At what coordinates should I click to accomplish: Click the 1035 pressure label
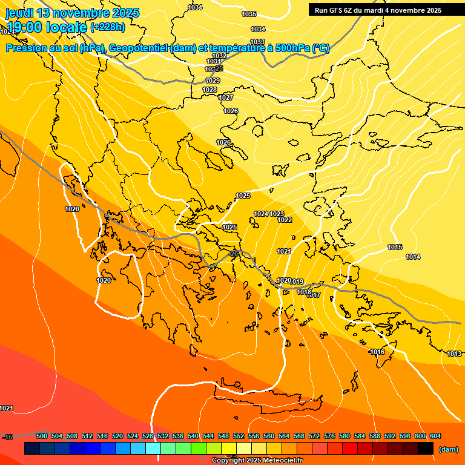(249, 14)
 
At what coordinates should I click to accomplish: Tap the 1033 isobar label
(257, 42)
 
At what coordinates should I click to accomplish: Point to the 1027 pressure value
(226, 97)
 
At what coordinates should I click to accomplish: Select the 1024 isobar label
(262, 214)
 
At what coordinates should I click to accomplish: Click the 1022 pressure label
(285, 220)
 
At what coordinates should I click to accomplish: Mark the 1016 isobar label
(377, 352)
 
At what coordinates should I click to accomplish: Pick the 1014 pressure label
(413, 257)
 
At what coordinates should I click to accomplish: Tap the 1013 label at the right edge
(454, 354)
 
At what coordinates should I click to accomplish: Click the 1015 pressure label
(395, 247)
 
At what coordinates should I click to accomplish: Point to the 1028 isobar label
(209, 90)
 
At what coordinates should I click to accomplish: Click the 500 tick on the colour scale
(42, 436)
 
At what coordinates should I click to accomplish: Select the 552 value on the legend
(239, 436)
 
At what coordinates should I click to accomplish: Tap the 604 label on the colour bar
(435, 436)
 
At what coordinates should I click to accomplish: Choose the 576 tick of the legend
(329, 436)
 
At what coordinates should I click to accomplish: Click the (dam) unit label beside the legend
(448, 449)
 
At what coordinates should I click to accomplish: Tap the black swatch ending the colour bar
(426, 449)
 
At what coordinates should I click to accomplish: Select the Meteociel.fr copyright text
(257, 461)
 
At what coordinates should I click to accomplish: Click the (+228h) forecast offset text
(107, 27)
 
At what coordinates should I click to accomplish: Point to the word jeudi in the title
(19, 13)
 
